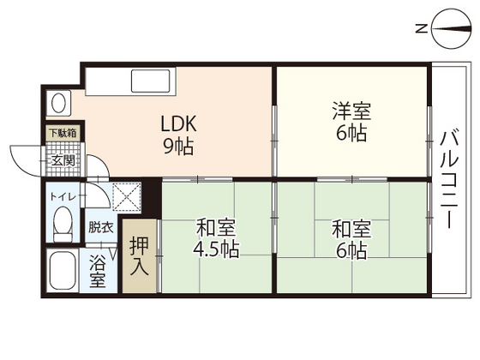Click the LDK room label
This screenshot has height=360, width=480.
(179, 122)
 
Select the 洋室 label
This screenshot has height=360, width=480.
(351, 111)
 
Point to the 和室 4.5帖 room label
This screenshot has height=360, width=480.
(217, 239)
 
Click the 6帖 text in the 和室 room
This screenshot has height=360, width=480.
(351, 250)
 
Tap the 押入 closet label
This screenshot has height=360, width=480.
(140, 255)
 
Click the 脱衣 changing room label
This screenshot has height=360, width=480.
(100, 227)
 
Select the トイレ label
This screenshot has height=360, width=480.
(63, 197)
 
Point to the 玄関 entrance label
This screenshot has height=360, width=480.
(63, 159)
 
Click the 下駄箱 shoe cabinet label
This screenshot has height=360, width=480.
(62, 134)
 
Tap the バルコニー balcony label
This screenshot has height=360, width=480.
(448, 178)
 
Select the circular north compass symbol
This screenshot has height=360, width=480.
(451, 29)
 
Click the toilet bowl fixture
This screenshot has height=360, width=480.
(62, 226)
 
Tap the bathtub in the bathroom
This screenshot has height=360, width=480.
(62, 273)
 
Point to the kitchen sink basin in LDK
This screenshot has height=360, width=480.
(152, 81)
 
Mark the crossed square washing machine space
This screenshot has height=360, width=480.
(125, 196)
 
